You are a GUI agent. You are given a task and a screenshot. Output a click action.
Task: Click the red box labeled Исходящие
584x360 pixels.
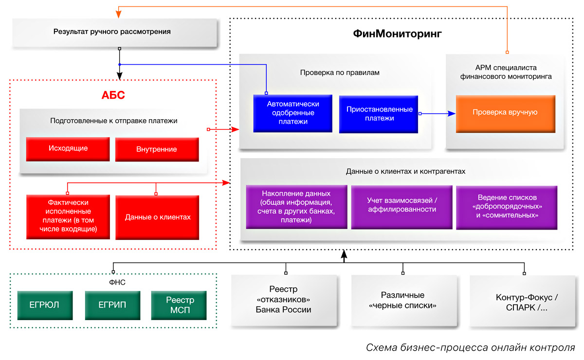[68, 148]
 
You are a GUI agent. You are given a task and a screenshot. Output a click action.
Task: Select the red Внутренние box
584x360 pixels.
[157, 149]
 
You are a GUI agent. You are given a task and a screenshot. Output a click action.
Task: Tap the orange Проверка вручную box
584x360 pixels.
[505, 113]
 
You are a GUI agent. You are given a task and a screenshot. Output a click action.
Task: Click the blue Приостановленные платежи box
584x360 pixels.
[379, 114]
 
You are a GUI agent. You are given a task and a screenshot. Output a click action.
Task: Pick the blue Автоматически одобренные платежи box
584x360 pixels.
[292, 113]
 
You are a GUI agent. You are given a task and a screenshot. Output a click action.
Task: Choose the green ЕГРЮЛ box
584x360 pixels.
[45, 306]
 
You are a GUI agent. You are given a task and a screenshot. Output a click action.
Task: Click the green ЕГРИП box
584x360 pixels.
[112, 306]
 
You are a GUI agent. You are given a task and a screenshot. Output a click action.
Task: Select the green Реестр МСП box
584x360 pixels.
[179, 306]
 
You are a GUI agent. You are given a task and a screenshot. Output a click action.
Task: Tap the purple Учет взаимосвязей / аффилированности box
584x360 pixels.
[401, 206]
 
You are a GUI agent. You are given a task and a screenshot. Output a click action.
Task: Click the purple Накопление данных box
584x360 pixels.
[296, 207]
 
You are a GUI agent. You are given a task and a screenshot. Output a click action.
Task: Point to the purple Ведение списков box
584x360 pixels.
[507, 206]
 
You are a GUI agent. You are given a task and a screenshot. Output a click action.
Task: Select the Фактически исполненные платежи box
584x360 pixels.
[68, 217]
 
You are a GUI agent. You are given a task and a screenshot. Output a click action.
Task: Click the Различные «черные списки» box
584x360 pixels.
[402, 301]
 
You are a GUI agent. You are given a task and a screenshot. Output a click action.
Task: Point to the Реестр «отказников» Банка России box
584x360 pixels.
[283, 300]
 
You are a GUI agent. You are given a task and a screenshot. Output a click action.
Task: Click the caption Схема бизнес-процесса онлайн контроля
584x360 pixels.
[471, 347]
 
